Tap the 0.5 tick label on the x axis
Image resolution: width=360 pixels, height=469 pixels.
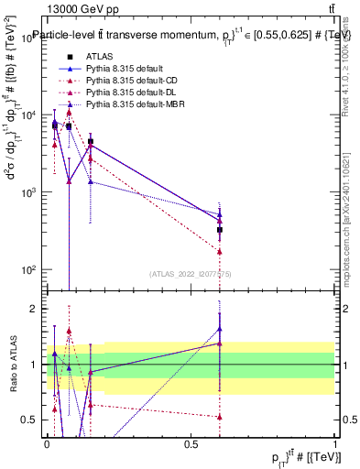click(x=191, y=443)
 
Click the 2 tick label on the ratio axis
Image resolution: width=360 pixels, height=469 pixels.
click(x=34, y=309)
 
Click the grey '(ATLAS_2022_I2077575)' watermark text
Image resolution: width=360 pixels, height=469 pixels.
click(x=191, y=274)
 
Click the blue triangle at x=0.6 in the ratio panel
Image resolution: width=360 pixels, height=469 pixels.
click(x=220, y=328)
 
